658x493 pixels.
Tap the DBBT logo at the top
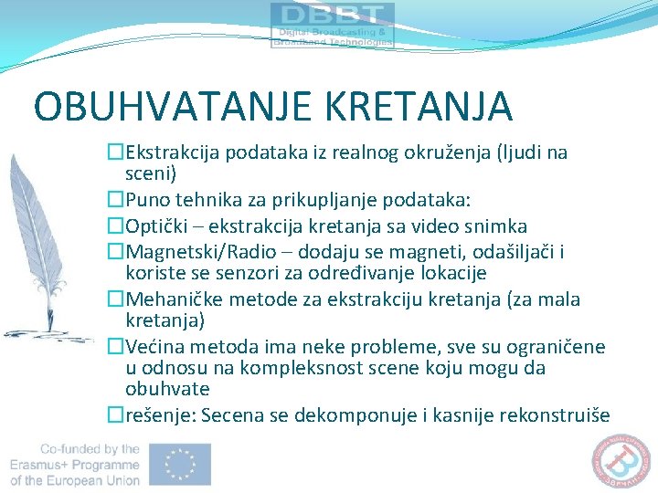(x=333, y=25)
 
